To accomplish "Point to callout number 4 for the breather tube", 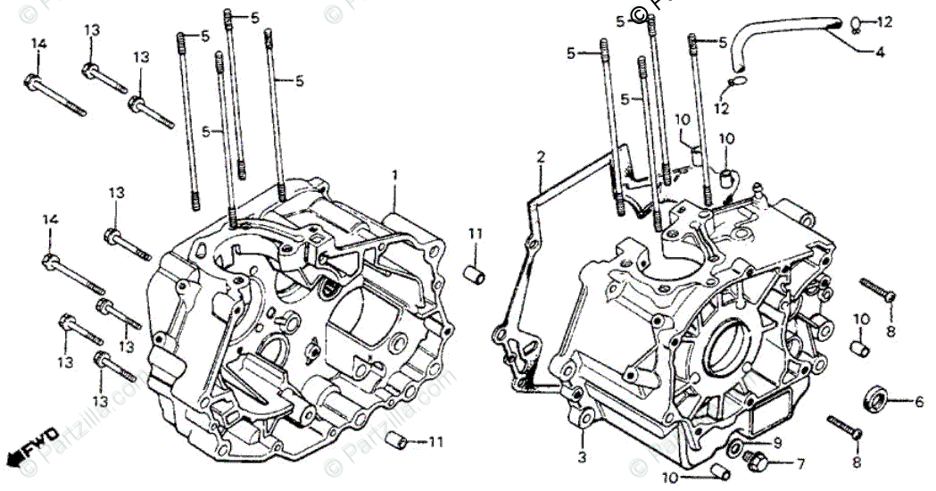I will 879,53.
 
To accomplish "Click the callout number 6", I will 918,402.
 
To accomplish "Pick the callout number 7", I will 799,464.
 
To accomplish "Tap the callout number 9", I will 776,442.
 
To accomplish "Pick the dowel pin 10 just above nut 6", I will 857,346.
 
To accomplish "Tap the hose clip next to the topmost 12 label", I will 855,22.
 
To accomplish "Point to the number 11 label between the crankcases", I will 476,234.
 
